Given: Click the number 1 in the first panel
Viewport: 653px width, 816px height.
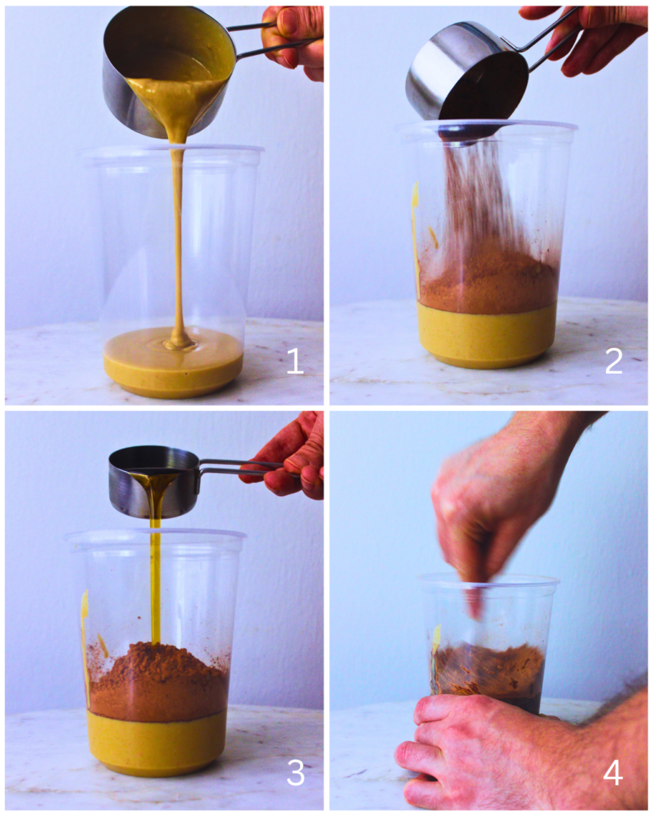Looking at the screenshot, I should point(294,362).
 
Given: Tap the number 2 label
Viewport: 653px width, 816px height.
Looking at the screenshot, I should point(613,362).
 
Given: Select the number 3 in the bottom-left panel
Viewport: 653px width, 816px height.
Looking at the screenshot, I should point(295,771).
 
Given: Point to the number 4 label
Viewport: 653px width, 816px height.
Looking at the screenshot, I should point(613,771).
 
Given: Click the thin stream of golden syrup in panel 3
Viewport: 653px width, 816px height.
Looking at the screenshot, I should point(155,574).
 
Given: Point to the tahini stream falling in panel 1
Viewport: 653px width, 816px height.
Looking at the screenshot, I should point(177,239).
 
